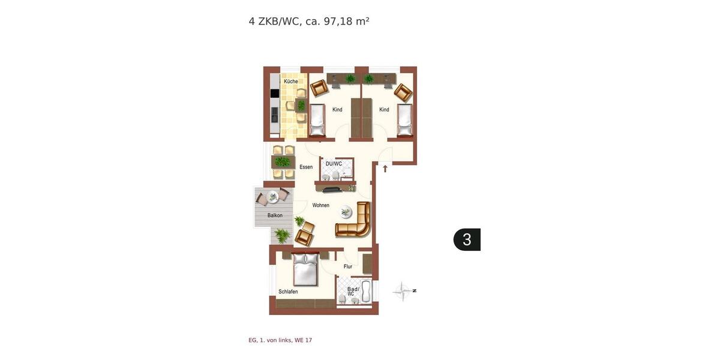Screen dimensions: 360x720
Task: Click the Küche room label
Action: click(x=291, y=82)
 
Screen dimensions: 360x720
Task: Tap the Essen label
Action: click(x=306, y=167)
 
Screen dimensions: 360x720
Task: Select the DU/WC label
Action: click(x=334, y=164)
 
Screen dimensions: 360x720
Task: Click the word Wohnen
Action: click(x=320, y=205)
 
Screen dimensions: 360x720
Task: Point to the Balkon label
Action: click(x=275, y=215)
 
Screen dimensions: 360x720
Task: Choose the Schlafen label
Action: click(x=288, y=292)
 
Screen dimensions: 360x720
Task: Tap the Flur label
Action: click(x=348, y=266)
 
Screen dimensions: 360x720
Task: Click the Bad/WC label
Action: click(x=353, y=290)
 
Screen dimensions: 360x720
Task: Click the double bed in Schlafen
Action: click(x=305, y=269)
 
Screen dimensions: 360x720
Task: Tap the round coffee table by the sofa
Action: click(x=346, y=211)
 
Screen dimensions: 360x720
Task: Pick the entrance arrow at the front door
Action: click(x=385, y=169)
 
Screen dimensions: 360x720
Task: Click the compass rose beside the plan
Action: click(x=404, y=292)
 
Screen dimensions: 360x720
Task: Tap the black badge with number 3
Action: click(x=467, y=239)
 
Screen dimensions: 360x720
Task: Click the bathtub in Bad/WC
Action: click(x=365, y=292)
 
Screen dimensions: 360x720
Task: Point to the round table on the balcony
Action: click(x=273, y=196)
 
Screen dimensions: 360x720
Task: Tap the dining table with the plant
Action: click(x=283, y=161)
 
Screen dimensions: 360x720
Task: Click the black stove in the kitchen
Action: click(x=274, y=93)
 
